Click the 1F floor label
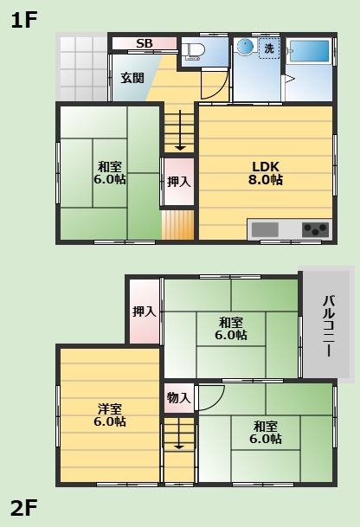24,20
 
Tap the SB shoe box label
145,43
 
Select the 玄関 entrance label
132,78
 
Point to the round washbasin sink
245,47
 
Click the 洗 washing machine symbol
268,48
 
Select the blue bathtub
309,51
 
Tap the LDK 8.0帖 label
266,173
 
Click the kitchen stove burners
315,229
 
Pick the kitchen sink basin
266,229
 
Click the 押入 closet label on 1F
179,182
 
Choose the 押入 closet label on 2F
145,311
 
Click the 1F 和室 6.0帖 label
110,173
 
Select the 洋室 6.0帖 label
109,415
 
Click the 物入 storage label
179,398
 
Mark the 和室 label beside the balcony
231,327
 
